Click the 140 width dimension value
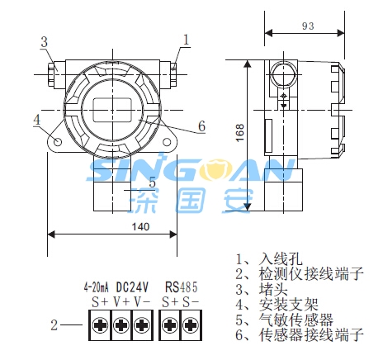click(140, 226)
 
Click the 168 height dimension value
click(240, 133)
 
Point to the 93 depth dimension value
click(308, 26)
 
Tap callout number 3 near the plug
click(44, 42)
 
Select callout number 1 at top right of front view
click(187, 40)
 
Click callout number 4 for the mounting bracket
click(37, 120)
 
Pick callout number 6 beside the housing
click(201, 126)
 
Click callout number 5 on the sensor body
click(152, 182)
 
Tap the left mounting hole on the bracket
click(58, 142)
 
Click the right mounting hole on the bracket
click(167, 142)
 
